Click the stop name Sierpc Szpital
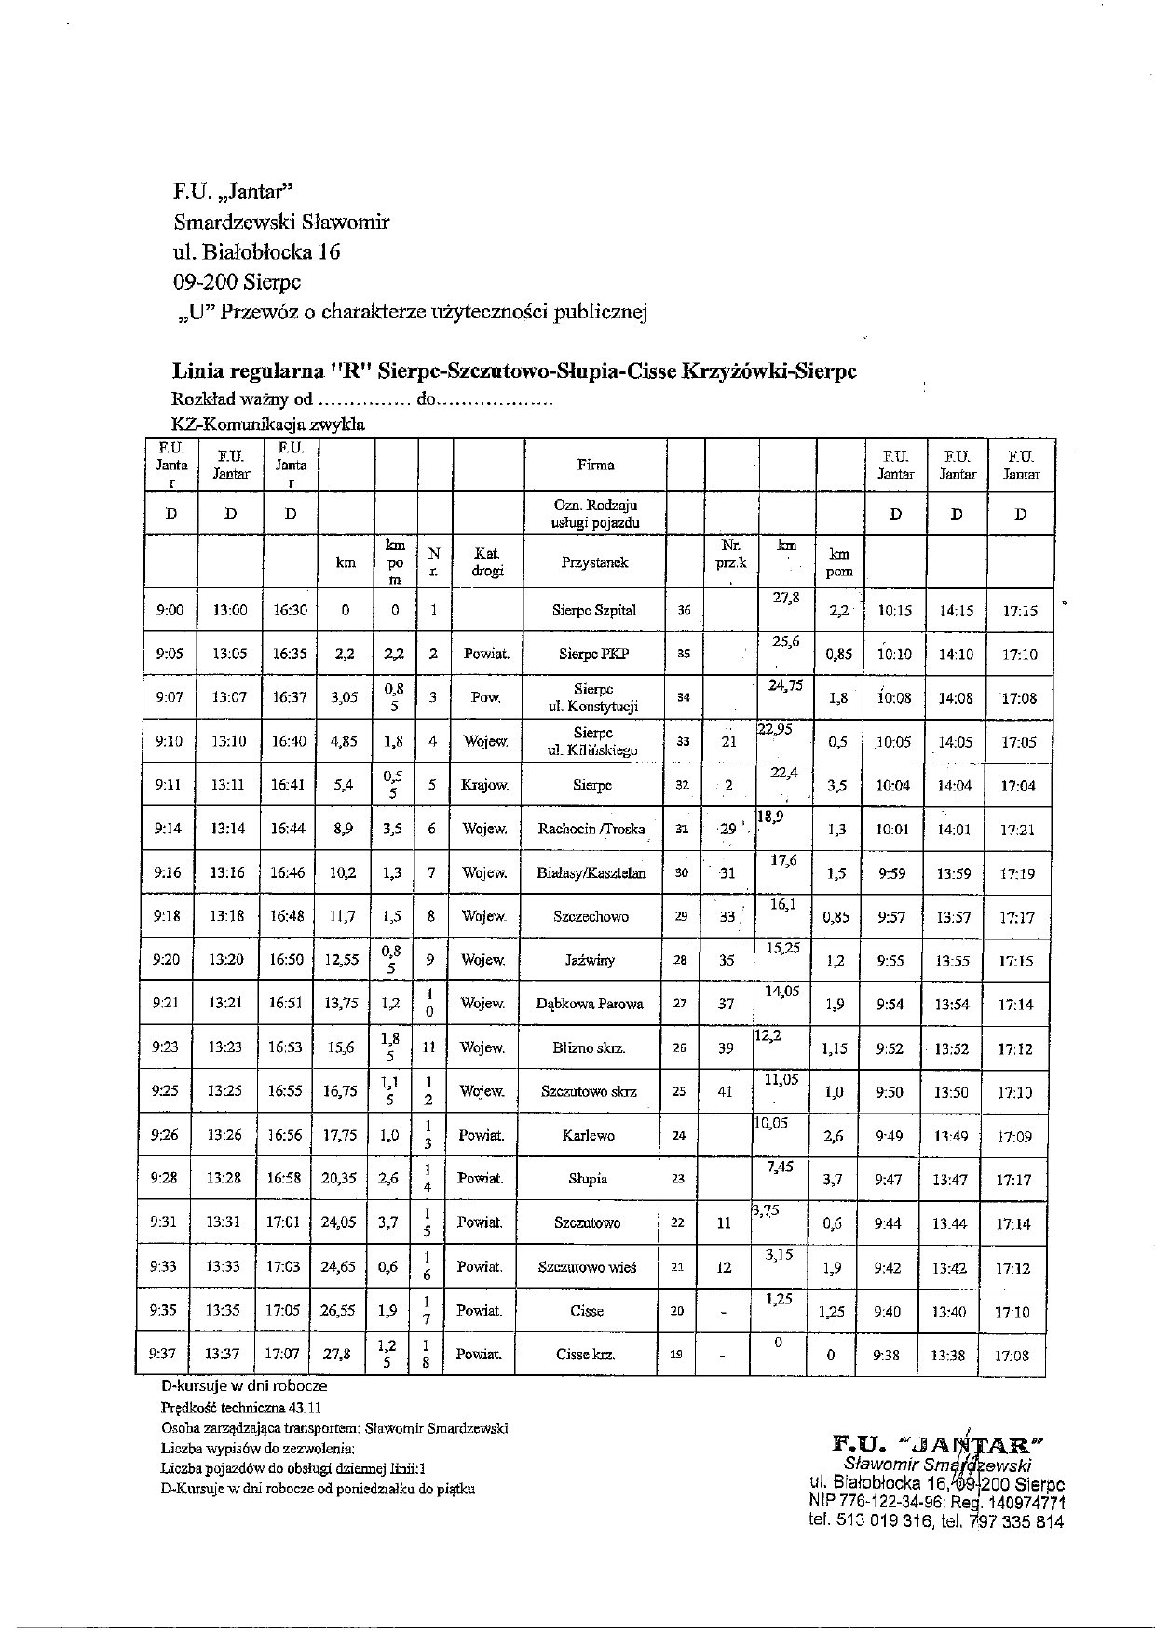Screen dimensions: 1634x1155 pyautogui.click(x=593, y=611)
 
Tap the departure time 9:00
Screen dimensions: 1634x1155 pyautogui.click(x=170, y=611)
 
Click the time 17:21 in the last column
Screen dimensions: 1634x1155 pyautogui.click(x=1019, y=830)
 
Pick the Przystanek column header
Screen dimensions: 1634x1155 pyautogui.click(x=594, y=562)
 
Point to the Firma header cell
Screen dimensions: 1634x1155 pyautogui.click(x=596, y=464)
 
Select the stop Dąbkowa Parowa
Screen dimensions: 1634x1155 pyautogui.click(x=589, y=1004)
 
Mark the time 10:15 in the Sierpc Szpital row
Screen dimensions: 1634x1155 pyautogui.click(x=894, y=611)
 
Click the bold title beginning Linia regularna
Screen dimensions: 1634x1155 pyautogui.click(x=514, y=371)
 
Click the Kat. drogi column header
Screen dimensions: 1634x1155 pyautogui.click(x=487, y=562)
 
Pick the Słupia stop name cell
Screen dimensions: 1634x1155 pyautogui.click(x=588, y=1179)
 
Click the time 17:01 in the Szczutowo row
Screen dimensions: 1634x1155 pyautogui.click(x=283, y=1222)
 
